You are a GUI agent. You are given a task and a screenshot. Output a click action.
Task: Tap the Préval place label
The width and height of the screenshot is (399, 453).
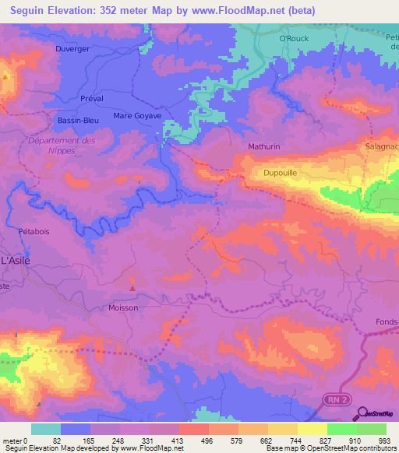[91, 99]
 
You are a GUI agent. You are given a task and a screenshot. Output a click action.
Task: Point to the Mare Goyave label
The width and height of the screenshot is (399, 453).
[137, 116]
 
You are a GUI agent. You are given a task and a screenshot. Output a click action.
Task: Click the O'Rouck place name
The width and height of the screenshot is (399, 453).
[295, 37]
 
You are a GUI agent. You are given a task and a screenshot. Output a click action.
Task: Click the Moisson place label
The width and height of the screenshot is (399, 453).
[123, 307]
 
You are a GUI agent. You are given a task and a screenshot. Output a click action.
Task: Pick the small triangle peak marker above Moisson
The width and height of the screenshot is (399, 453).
[132, 289]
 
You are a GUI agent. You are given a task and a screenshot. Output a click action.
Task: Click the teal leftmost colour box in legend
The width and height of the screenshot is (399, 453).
[46, 429]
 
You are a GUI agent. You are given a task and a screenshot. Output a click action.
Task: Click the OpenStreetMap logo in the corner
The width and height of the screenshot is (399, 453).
[378, 414]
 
